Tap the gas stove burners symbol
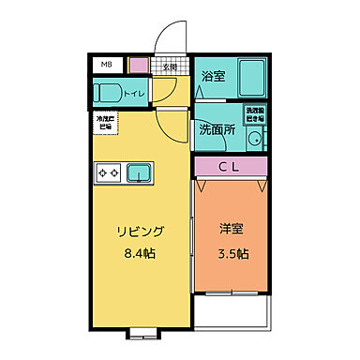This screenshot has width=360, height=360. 106,172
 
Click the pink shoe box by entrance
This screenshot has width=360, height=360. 138,67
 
